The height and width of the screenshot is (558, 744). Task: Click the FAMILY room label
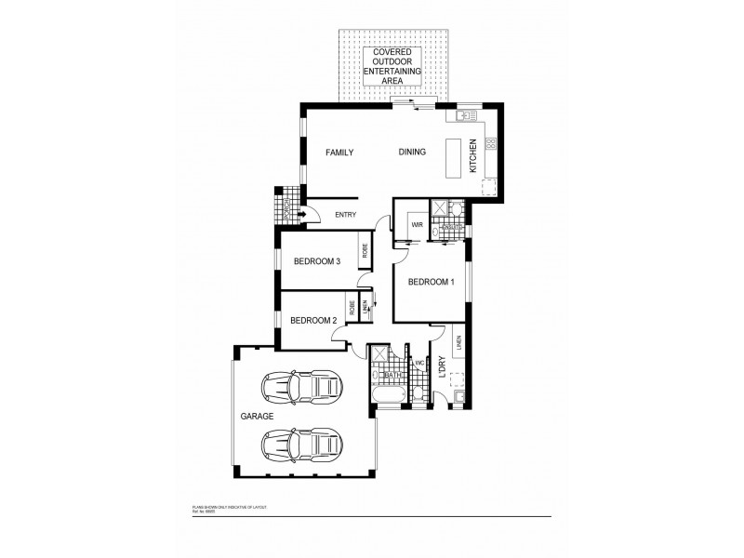(339, 153)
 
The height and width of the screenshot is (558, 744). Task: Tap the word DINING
(412, 153)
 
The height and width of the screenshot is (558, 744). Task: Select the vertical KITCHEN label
(472, 156)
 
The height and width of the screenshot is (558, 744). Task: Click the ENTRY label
(345, 216)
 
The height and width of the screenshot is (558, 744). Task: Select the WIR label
(418, 225)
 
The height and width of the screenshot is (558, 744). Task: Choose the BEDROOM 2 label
(312, 321)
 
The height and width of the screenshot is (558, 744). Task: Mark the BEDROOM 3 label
(317, 261)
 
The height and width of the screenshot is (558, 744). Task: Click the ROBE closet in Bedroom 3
(365, 251)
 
